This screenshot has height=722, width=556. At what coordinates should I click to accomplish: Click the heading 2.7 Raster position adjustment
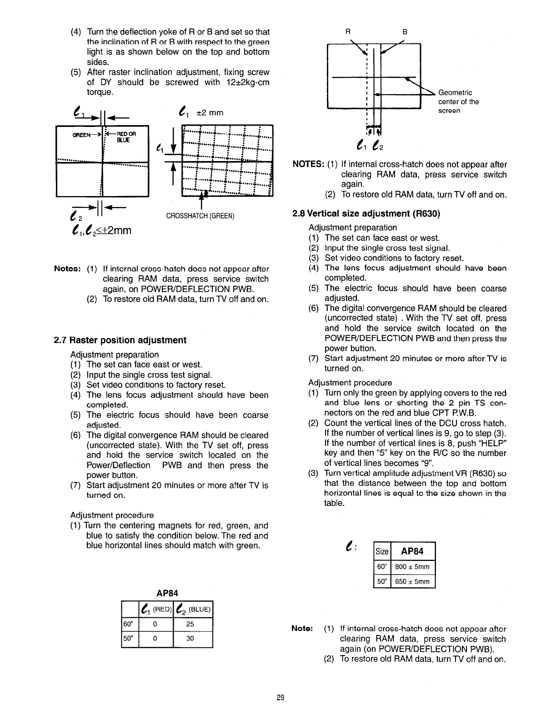(120, 340)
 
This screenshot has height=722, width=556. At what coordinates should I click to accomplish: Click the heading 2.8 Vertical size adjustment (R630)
(367, 213)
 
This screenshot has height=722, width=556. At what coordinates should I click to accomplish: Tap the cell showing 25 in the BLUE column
(190, 624)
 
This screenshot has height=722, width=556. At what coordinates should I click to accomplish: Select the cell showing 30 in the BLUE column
(190, 639)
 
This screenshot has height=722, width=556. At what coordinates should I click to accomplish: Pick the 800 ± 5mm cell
(412, 567)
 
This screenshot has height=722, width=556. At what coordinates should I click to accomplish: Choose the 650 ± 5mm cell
(412, 581)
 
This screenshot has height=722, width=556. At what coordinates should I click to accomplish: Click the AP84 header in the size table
(412, 551)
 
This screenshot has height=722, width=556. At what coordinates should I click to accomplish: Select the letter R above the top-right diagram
(348, 32)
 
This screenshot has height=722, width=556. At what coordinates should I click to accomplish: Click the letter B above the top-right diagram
(405, 32)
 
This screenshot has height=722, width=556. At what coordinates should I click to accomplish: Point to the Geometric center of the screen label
(458, 101)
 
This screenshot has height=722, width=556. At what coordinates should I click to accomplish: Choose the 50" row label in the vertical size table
(381, 581)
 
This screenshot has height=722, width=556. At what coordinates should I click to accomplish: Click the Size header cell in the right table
(381, 551)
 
